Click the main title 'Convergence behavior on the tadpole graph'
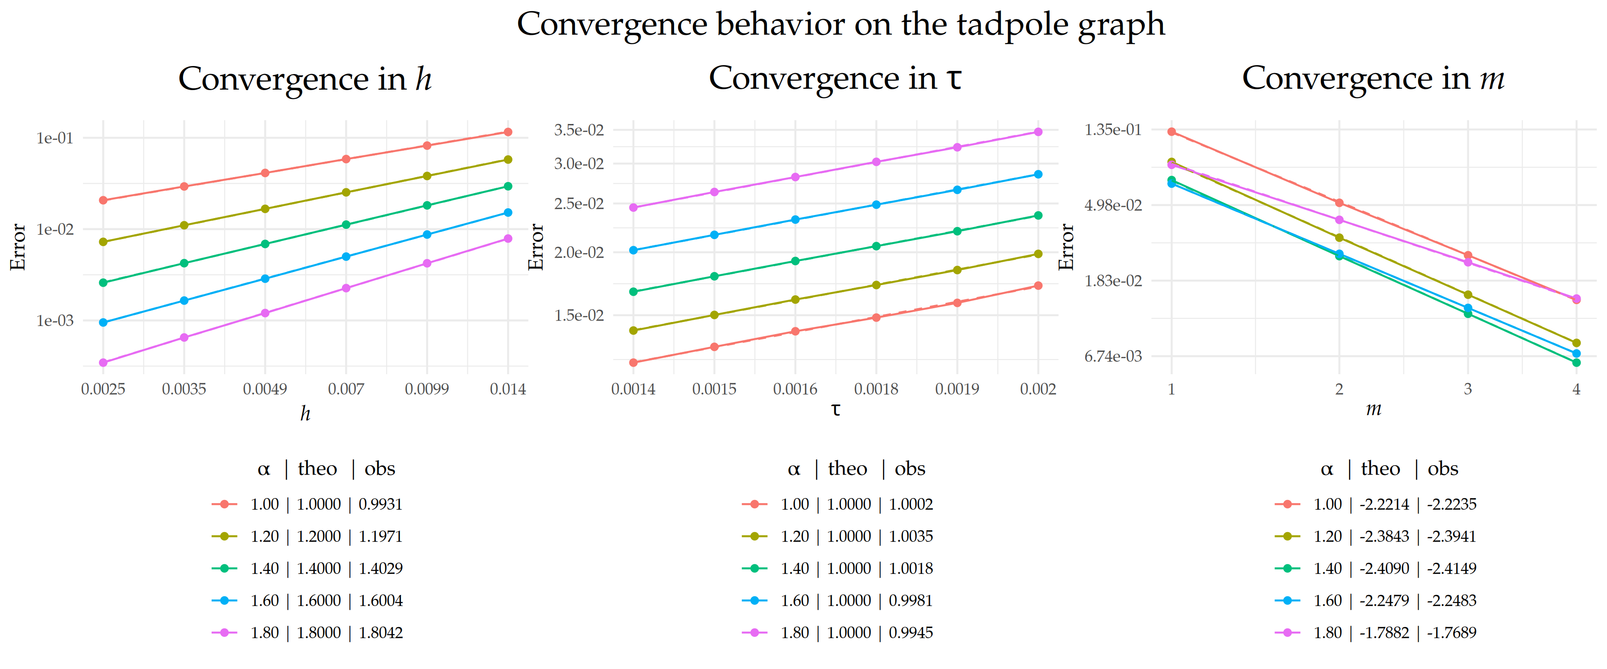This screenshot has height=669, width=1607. coord(840,25)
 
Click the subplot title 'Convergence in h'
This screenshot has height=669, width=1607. coord(304,79)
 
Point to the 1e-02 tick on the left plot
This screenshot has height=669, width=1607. coord(55,229)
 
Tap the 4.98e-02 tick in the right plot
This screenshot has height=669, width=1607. coord(1112,205)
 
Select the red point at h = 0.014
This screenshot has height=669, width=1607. coord(508,132)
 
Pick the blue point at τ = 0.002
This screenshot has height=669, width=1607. coord(1038,174)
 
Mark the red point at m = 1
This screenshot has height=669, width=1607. coord(1172,132)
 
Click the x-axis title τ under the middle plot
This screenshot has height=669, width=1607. coord(835,409)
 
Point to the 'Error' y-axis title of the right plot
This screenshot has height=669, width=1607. coord(1067,247)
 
